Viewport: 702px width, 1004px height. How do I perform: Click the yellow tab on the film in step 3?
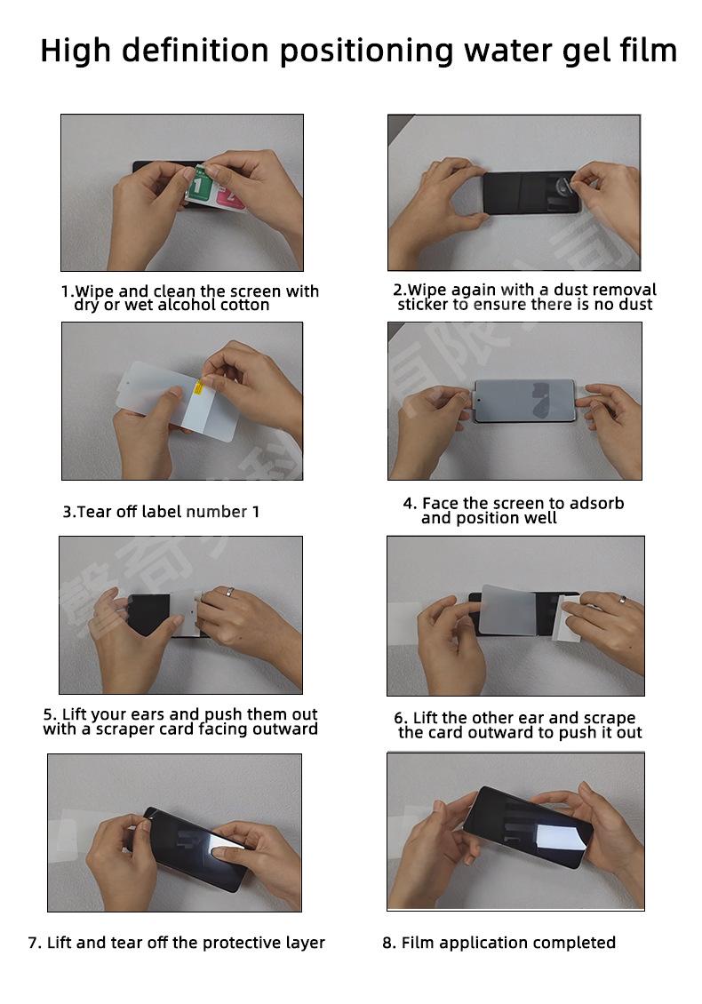pos(198,387)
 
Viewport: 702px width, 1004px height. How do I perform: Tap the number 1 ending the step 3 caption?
pos(256,512)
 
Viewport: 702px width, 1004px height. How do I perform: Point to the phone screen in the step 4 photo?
pos(524,401)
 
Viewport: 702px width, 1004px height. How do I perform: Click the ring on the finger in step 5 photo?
pos(229,592)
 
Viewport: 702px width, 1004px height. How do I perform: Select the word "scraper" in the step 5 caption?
pos(125,729)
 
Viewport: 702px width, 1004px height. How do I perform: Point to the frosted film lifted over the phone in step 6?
pos(508,610)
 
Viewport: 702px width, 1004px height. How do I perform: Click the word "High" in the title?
pos(76,52)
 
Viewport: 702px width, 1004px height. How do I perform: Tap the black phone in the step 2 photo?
pos(531,192)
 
